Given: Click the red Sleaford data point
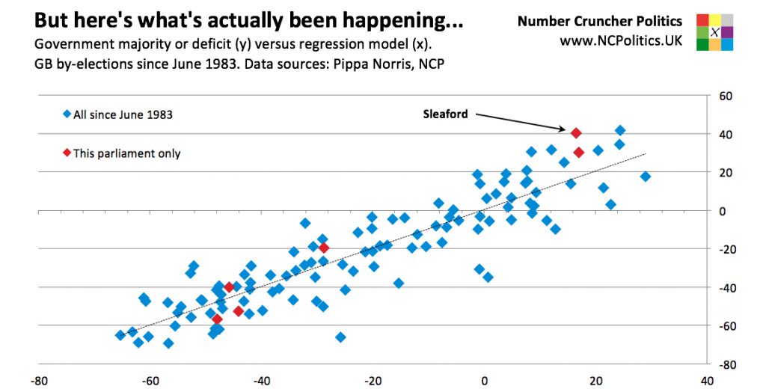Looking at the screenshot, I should click(x=576, y=133).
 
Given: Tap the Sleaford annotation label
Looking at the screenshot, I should click(x=445, y=114).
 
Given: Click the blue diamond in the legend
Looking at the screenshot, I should click(x=67, y=114).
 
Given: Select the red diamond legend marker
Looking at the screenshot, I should click(x=67, y=153).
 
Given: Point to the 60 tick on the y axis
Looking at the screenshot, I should click(x=724, y=97).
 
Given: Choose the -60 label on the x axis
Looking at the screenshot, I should click(x=150, y=380).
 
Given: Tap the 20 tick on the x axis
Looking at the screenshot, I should click(x=595, y=380).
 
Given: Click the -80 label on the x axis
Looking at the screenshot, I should click(x=39, y=380).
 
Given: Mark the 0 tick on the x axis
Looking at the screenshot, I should click(x=485, y=380).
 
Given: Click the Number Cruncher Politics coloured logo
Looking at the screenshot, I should click(x=715, y=31).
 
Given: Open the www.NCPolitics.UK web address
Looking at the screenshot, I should click(x=621, y=40).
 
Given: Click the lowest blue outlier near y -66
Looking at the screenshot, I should click(x=340, y=337).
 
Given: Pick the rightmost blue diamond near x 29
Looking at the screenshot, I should click(x=646, y=177).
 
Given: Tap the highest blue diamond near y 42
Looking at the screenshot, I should click(x=619, y=130).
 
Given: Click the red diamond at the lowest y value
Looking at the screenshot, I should click(x=218, y=319).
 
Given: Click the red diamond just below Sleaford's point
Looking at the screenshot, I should click(x=579, y=153).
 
